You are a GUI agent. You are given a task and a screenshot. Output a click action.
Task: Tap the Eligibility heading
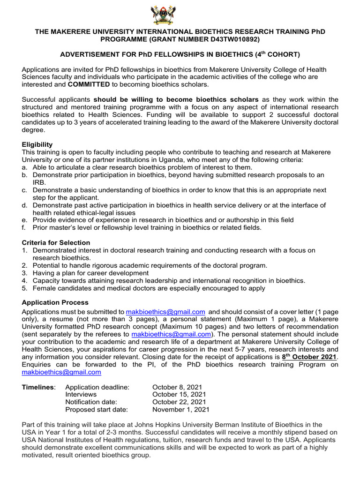point(37,144)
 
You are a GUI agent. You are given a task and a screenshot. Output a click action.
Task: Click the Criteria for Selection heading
point(56,243)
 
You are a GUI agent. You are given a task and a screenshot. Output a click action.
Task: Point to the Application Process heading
point(55,302)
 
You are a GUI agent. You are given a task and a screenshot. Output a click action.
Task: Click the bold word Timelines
point(38,387)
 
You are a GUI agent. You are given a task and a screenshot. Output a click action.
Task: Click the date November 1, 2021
point(181,409)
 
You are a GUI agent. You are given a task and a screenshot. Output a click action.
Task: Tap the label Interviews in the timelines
point(81,394)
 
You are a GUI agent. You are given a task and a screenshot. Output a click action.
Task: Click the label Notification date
point(91,402)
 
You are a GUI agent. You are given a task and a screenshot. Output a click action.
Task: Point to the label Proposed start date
point(96,409)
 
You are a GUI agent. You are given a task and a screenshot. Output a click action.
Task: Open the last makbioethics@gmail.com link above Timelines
point(61,372)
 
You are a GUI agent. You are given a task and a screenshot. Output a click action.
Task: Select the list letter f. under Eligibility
point(24,228)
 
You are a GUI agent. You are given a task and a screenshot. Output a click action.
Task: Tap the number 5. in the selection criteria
point(25,288)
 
